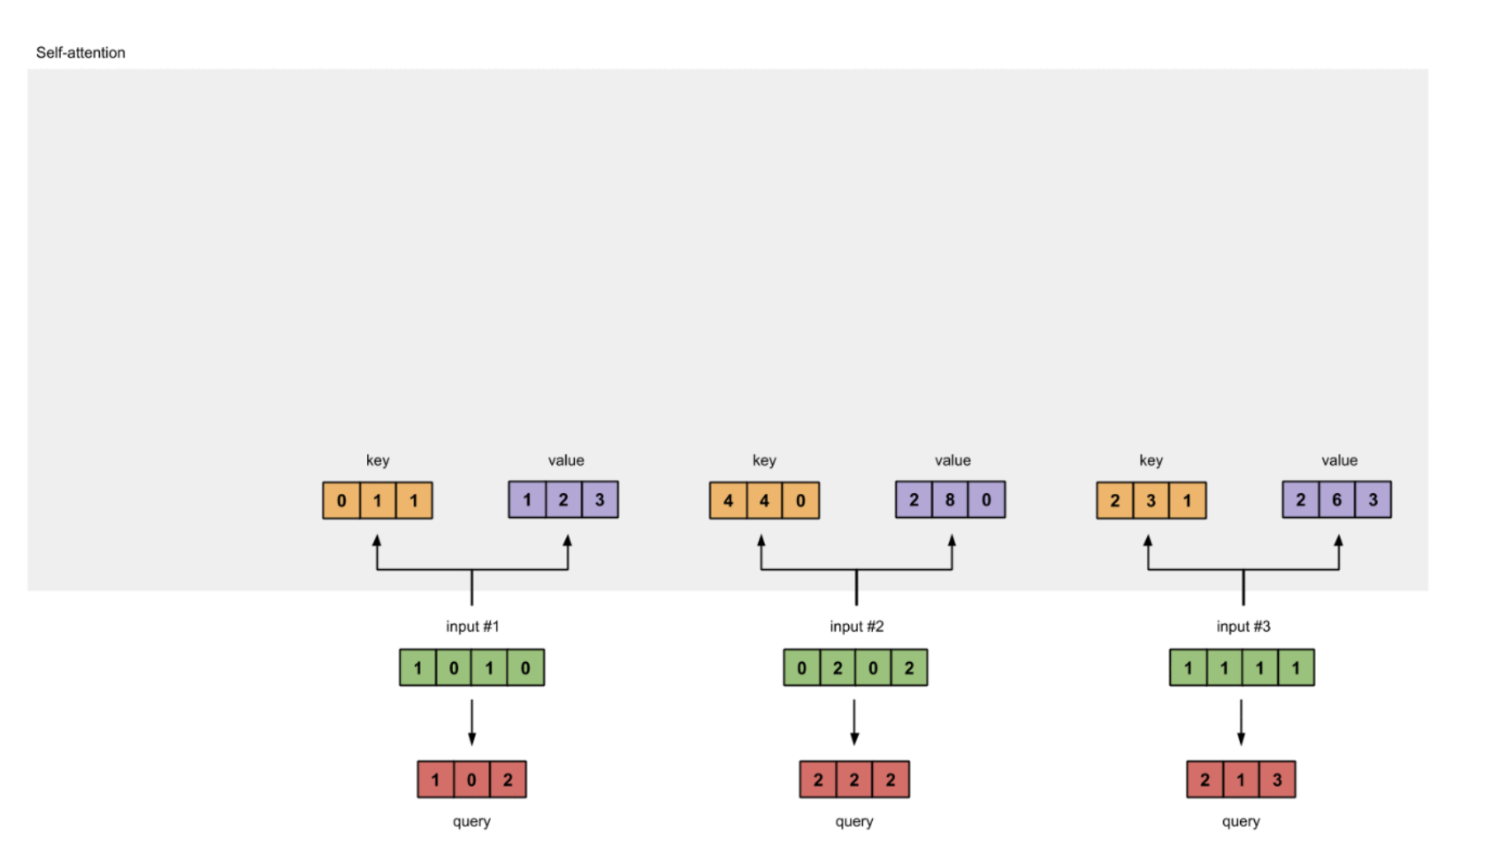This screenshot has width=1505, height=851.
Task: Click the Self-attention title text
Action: pyautogui.click(x=80, y=53)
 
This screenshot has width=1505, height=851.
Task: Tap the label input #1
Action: pyautogui.click(x=472, y=627)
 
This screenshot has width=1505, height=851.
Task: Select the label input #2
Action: pyautogui.click(x=856, y=627)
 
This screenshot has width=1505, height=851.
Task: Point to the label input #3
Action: pyautogui.click(x=1243, y=627)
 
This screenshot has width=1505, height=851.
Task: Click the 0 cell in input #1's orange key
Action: pyautogui.click(x=342, y=501)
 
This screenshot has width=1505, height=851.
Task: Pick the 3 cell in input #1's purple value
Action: pyautogui.click(x=600, y=500)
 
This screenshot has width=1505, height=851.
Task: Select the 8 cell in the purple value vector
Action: pyautogui.click(x=950, y=500)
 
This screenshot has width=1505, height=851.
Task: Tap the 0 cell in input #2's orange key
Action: pyautogui.click(x=800, y=501)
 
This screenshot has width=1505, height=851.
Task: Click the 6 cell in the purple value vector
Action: pyautogui.click(x=1337, y=500)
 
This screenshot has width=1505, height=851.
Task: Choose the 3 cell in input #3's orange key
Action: pyautogui.click(x=1151, y=501)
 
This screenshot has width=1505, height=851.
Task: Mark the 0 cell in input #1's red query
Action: pyautogui.click(x=471, y=779)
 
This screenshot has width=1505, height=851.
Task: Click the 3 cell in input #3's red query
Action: pyautogui.click(x=1276, y=779)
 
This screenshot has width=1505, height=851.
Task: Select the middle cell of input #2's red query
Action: pyautogui.click(x=854, y=779)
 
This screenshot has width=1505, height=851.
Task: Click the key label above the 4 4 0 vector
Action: pyautogui.click(x=764, y=460)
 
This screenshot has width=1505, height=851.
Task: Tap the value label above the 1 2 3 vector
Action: pyautogui.click(x=566, y=460)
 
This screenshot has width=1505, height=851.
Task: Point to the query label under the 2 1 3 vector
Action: pyautogui.click(x=1240, y=821)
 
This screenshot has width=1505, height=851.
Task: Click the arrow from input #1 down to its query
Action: pyautogui.click(x=472, y=722)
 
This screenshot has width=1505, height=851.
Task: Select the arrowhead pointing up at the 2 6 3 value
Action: pyautogui.click(x=1338, y=541)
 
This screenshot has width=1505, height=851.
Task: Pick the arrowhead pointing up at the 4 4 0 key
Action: pyautogui.click(x=761, y=541)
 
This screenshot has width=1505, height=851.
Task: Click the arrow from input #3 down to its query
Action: pyautogui.click(x=1241, y=722)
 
